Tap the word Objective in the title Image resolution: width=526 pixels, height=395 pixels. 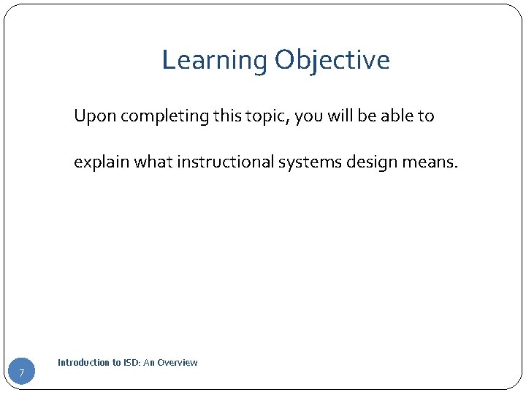(332, 60)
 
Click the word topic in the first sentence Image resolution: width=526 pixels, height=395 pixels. (235, 117)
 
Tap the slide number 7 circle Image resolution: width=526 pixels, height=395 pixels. (22, 373)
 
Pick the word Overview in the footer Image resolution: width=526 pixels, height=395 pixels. (178, 363)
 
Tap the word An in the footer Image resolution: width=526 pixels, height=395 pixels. (150, 363)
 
